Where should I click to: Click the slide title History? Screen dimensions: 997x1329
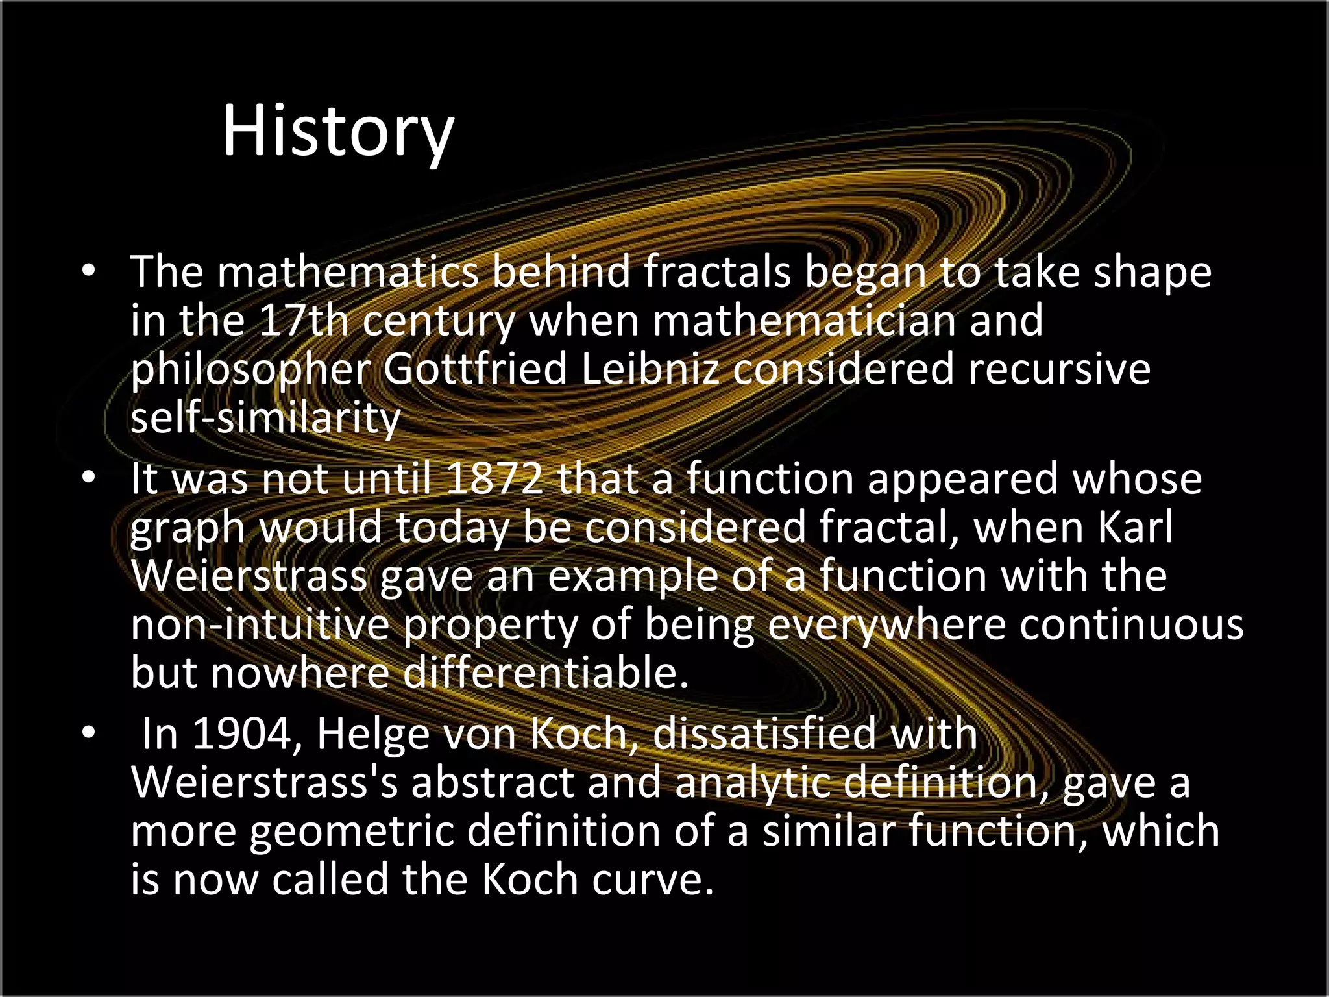click(337, 132)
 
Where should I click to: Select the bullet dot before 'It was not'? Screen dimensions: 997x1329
click(89, 478)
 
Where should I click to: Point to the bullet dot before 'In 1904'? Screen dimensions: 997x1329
click(89, 733)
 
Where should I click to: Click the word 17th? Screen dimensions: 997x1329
click(303, 320)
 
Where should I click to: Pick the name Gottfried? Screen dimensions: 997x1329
click(475, 369)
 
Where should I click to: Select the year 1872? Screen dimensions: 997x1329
click(494, 478)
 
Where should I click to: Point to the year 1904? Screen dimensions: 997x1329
click(242, 733)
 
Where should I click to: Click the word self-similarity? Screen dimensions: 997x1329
click(266, 417)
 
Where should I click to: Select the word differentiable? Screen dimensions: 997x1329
click(546, 672)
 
